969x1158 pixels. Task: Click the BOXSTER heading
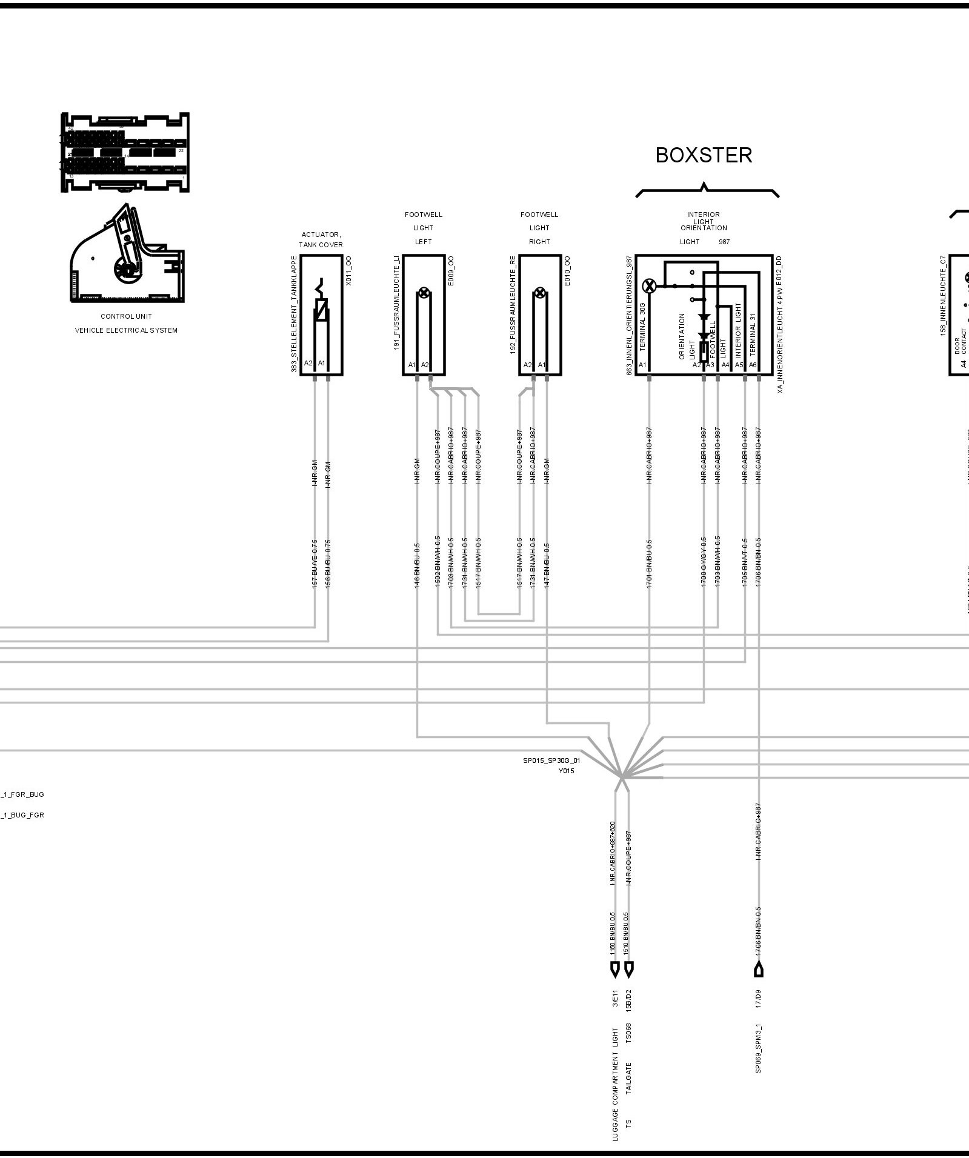(x=704, y=156)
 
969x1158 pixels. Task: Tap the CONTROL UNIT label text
(x=126, y=316)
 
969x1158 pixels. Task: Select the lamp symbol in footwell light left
(x=424, y=293)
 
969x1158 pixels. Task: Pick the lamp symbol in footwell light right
(x=539, y=293)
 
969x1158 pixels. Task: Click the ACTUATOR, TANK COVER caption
(x=321, y=240)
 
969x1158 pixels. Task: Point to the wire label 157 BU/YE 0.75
(x=315, y=563)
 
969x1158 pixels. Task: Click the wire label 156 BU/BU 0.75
(x=328, y=563)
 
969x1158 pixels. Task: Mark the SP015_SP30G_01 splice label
(x=551, y=760)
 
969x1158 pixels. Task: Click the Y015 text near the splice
(x=566, y=771)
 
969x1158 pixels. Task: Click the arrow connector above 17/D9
(x=758, y=970)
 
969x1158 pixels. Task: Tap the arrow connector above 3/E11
(x=615, y=970)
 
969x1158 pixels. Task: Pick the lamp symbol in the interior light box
(x=649, y=286)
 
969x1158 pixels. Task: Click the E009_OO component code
(x=451, y=271)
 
